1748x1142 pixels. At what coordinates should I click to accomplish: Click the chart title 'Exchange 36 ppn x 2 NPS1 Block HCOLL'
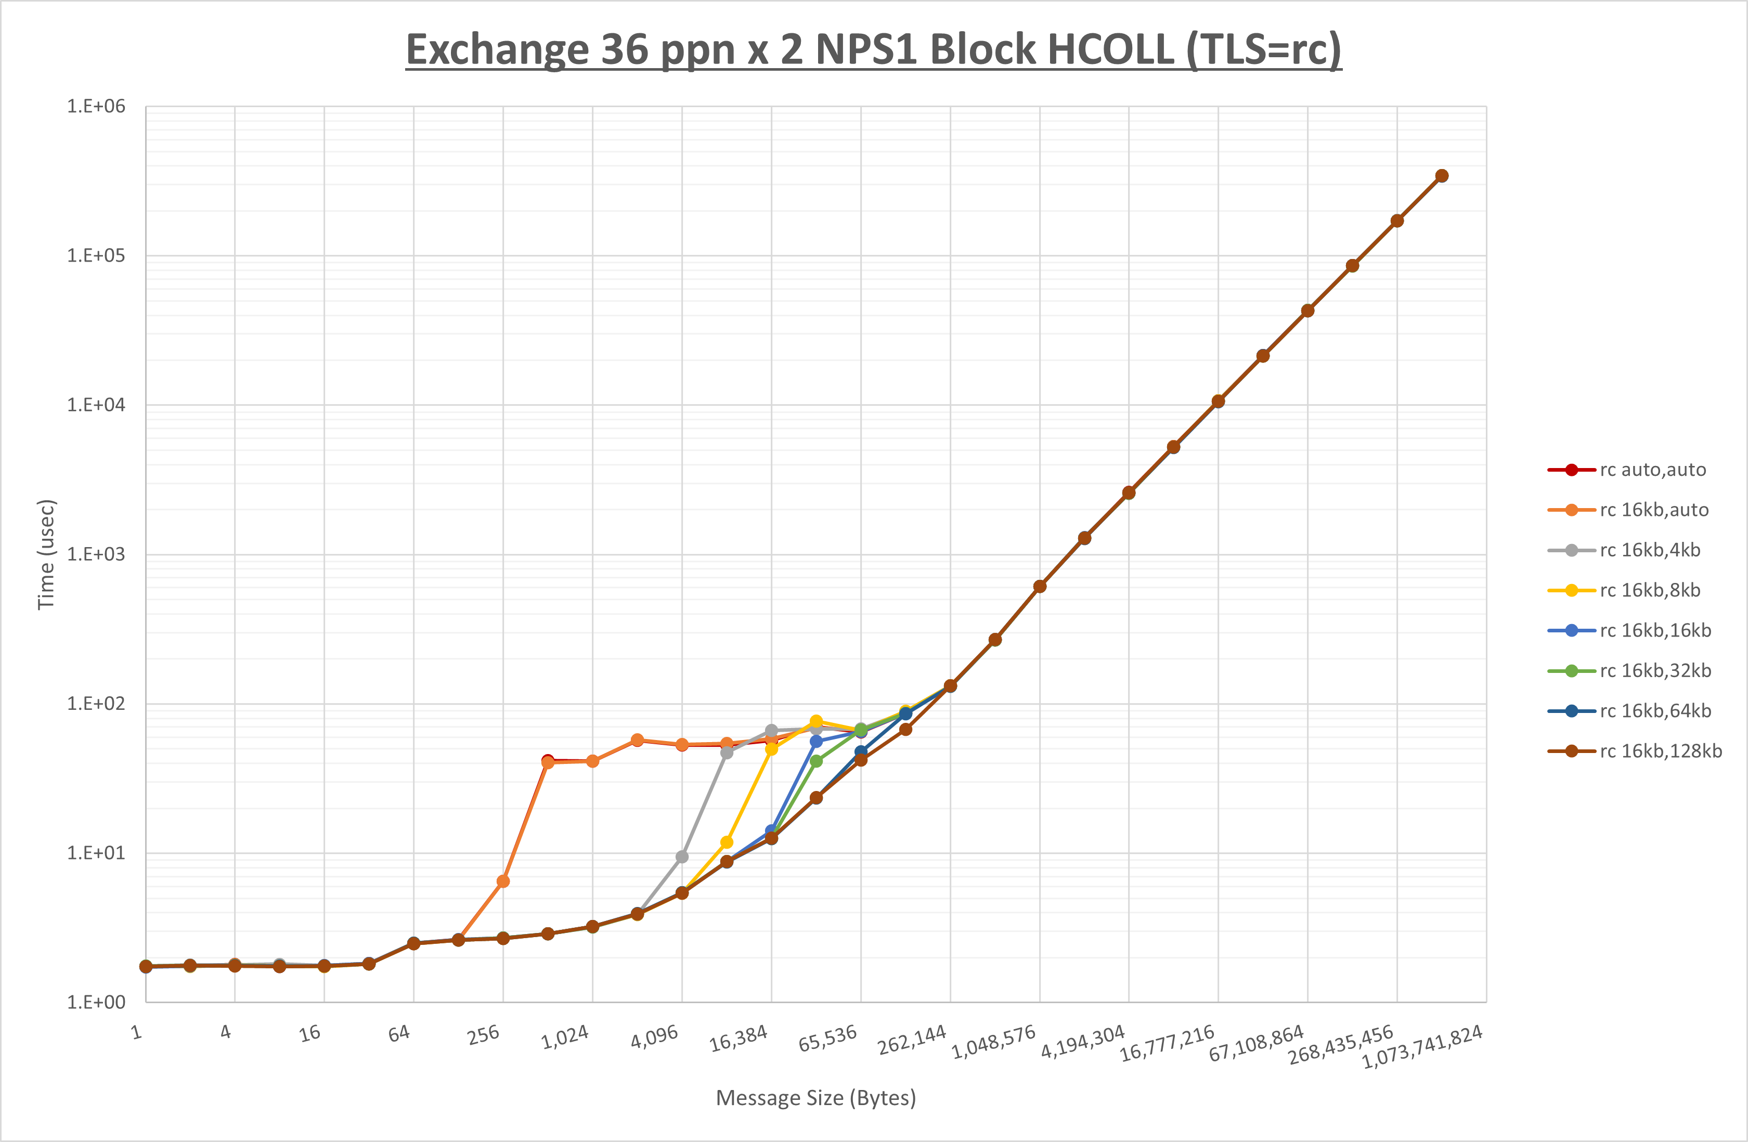click(873, 50)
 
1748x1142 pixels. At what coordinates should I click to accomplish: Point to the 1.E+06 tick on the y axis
click(96, 107)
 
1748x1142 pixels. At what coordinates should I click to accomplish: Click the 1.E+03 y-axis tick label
click(96, 554)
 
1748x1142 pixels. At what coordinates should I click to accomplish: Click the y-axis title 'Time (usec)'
click(46, 554)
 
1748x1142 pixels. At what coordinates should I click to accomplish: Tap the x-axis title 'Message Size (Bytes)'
click(815, 1098)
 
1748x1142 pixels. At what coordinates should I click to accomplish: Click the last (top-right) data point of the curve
click(1442, 176)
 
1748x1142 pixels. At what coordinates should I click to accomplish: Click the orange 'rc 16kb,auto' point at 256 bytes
click(503, 881)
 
